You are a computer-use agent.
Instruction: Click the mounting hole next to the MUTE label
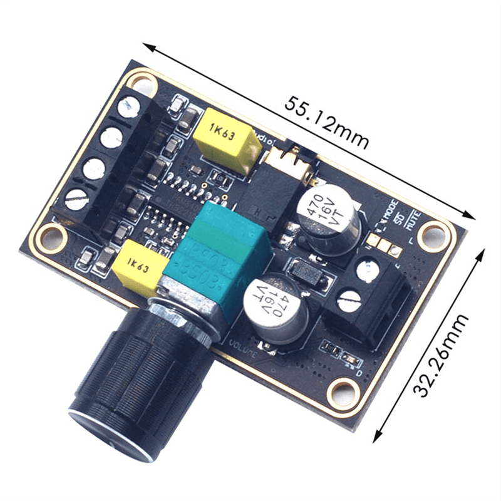[x=432, y=235]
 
